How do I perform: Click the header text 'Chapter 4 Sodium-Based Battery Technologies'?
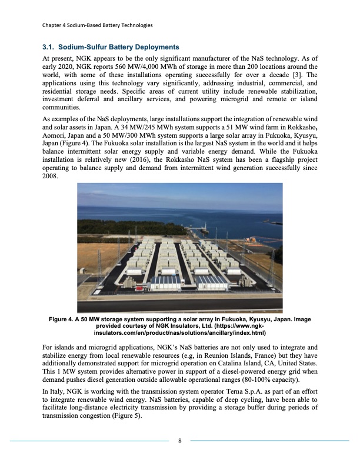point(98,25)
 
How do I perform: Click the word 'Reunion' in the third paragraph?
point(226,347)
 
